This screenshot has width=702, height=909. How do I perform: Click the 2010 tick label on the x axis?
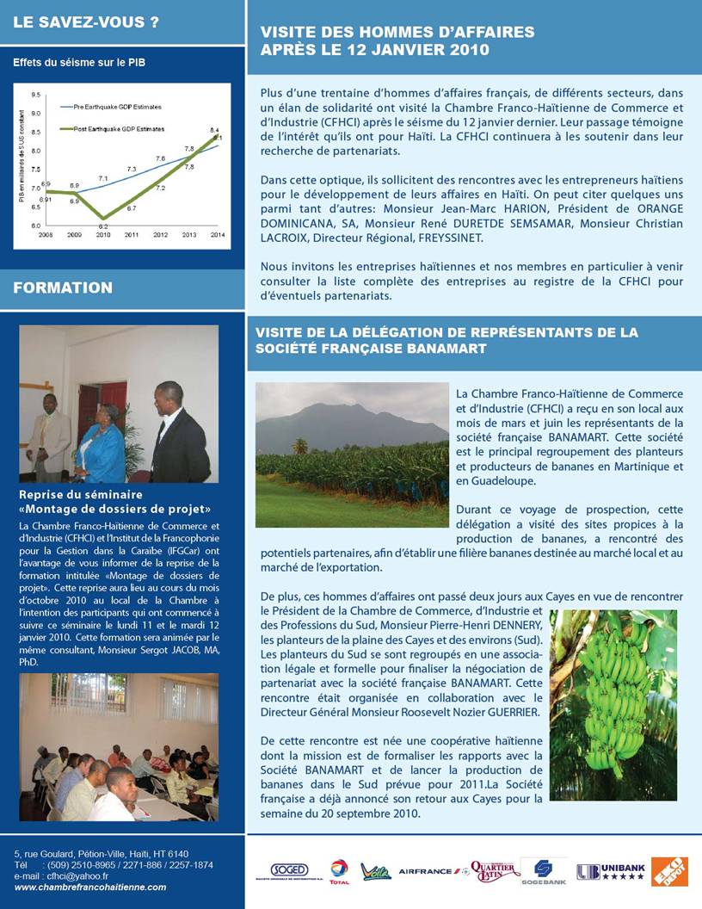pos(103,234)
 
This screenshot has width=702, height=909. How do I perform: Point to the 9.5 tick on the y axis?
pos(36,94)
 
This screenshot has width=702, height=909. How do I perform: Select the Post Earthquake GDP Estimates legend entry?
pos(112,128)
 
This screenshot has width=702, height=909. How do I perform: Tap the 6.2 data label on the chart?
pos(102,225)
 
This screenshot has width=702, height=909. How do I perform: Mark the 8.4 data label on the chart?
pos(214,129)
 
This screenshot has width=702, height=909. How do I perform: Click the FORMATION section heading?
pos(63,288)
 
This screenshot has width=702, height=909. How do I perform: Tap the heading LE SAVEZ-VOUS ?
pos(86,22)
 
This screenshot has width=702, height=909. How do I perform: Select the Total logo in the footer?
pos(338,872)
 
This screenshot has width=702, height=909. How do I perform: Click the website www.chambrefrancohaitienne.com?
pos(90,887)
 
